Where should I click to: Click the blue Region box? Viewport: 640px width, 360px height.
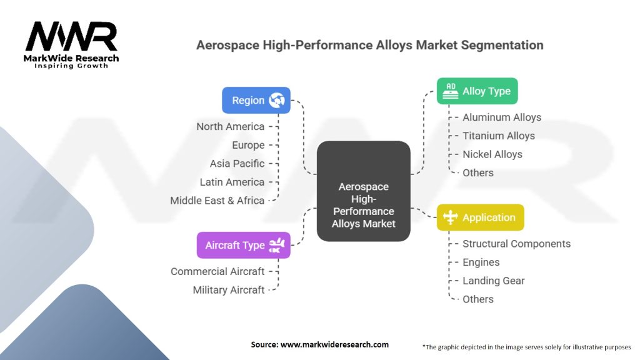pos(256,100)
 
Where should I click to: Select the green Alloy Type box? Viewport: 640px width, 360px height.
pos(477,91)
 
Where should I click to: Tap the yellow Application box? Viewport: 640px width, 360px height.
pos(480,217)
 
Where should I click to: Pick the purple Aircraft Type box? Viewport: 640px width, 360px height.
pos(243,245)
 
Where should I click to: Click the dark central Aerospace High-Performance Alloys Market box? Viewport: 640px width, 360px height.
pos(363,191)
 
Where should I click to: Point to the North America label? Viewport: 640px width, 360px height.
pos(230,126)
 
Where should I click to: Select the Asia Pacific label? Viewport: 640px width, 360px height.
pos(237,163)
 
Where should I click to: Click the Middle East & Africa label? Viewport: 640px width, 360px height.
pos(217,201)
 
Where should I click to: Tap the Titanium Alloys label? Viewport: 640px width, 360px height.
pos(498,136)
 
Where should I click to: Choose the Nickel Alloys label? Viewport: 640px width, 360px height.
pos(492,154)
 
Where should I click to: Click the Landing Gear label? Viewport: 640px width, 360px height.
pos(493,281)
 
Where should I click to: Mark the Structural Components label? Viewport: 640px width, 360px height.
pos(516,244)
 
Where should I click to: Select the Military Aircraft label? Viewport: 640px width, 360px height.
pos(228,290)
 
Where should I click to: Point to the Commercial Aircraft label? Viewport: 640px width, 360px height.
pos(217,271)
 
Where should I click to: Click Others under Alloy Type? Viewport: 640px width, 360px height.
pos(477,172)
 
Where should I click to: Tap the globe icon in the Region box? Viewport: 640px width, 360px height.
pos(277,100)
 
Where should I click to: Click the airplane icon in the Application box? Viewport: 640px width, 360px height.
pos(450,217)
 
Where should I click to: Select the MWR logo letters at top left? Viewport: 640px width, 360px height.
pos(71,37)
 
